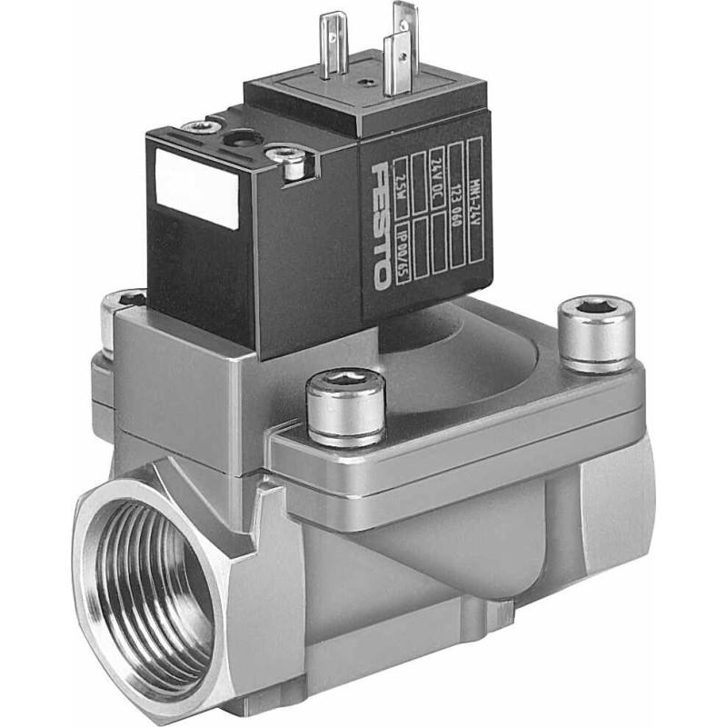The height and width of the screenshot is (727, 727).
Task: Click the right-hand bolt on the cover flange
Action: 595,332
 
